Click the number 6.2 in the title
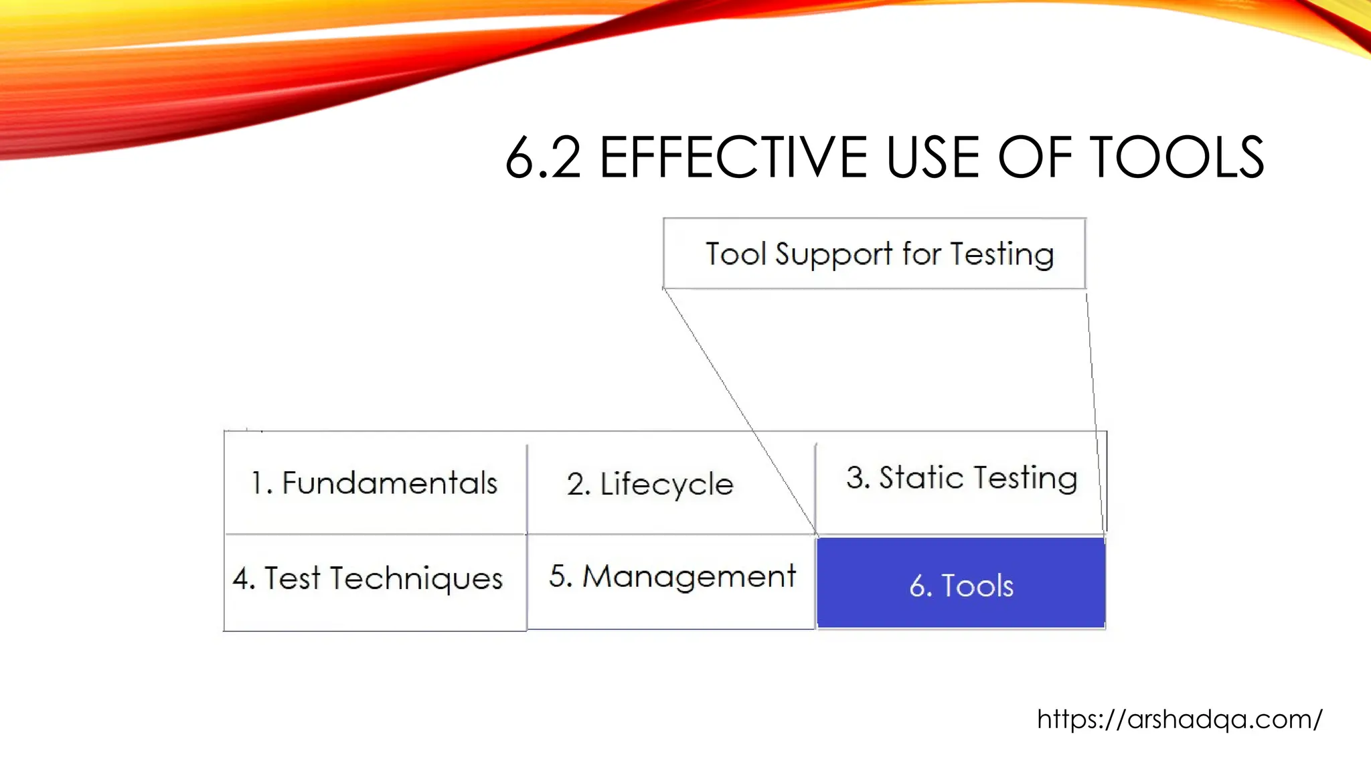point(543,158)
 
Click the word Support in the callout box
point(833,255)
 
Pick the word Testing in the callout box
point(1002,255)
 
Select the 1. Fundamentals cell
point(375,483)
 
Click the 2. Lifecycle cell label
point(650,484)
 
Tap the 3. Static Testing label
point(961,478)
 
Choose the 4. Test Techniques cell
point(368,578)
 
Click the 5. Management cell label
point(672,576)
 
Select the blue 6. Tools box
point(961,583)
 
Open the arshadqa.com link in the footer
point(1179,719)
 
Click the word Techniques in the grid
point(416,578)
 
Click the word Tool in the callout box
point(736,254)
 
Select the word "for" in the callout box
point(921,254)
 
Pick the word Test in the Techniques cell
point(293,578)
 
